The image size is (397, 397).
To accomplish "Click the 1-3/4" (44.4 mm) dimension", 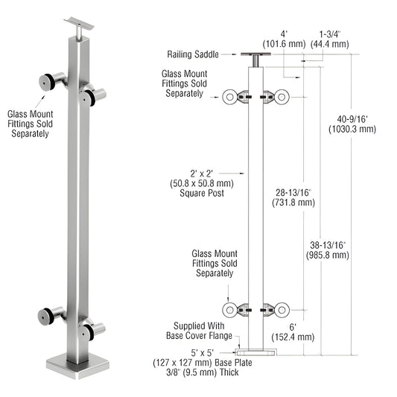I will pos(333,39).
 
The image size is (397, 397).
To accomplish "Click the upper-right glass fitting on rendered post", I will pos(92,95).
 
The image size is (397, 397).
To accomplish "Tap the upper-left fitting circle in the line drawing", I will pos(230,96).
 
